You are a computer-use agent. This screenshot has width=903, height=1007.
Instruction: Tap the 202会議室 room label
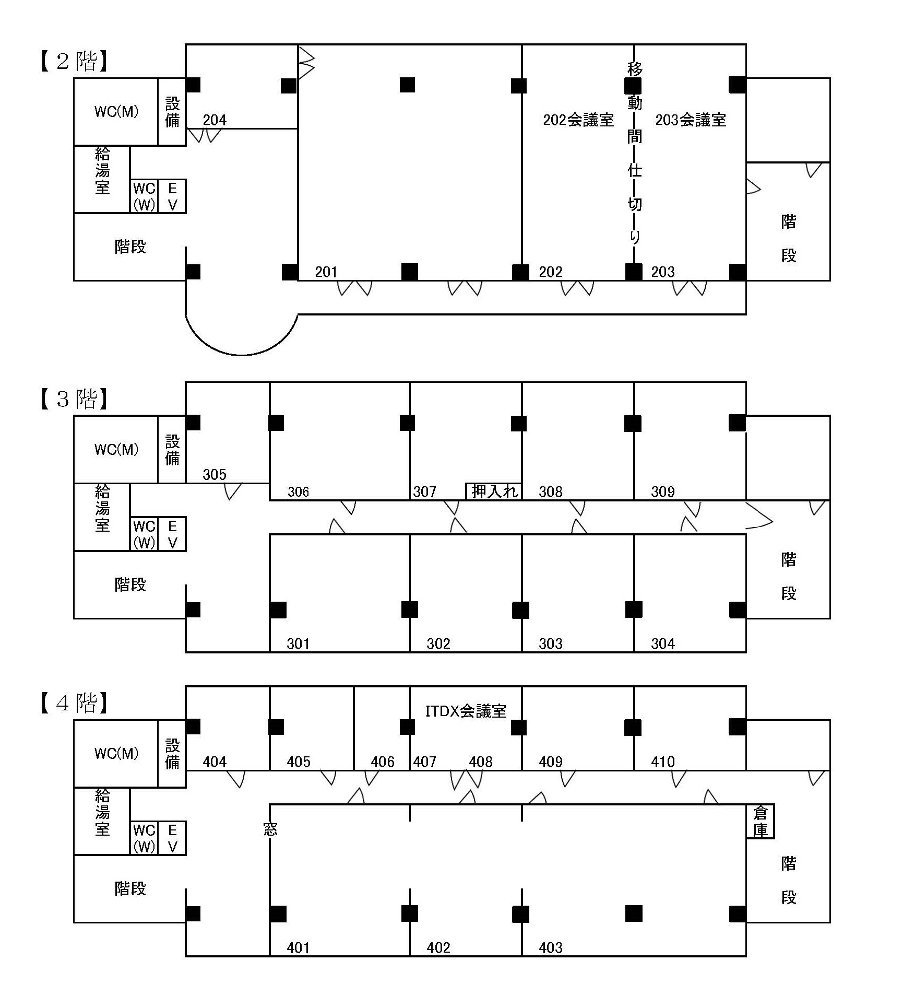tap(578, 120)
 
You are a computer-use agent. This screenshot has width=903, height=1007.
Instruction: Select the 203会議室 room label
tap(691, 120)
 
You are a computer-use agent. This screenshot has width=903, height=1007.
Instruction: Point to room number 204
tap(215, 120)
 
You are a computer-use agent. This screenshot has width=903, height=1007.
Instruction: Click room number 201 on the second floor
tap(326, 272)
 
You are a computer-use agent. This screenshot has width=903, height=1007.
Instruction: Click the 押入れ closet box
tap(493, 491)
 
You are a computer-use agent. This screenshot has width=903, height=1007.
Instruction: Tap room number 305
tap(215, 474)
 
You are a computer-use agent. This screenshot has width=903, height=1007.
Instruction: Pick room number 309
tap(663, 491)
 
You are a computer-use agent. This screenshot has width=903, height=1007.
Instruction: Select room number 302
tap(438, 643)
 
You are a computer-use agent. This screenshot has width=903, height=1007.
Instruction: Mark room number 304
tap(663, 643)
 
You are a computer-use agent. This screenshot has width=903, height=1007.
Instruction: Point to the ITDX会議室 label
tap(466, 711)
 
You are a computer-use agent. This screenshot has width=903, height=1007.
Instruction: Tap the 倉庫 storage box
tap(760, 822)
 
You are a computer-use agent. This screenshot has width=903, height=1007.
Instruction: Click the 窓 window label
tap(270, 829)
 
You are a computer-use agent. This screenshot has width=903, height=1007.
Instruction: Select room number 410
tap(663, 762)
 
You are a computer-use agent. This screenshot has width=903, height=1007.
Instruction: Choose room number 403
tap(551, 947)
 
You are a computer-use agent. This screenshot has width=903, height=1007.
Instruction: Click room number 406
tap(382, 762)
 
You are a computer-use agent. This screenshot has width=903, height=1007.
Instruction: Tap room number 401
tap(298, 947)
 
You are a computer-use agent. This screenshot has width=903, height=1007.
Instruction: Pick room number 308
tap(551, 491)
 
